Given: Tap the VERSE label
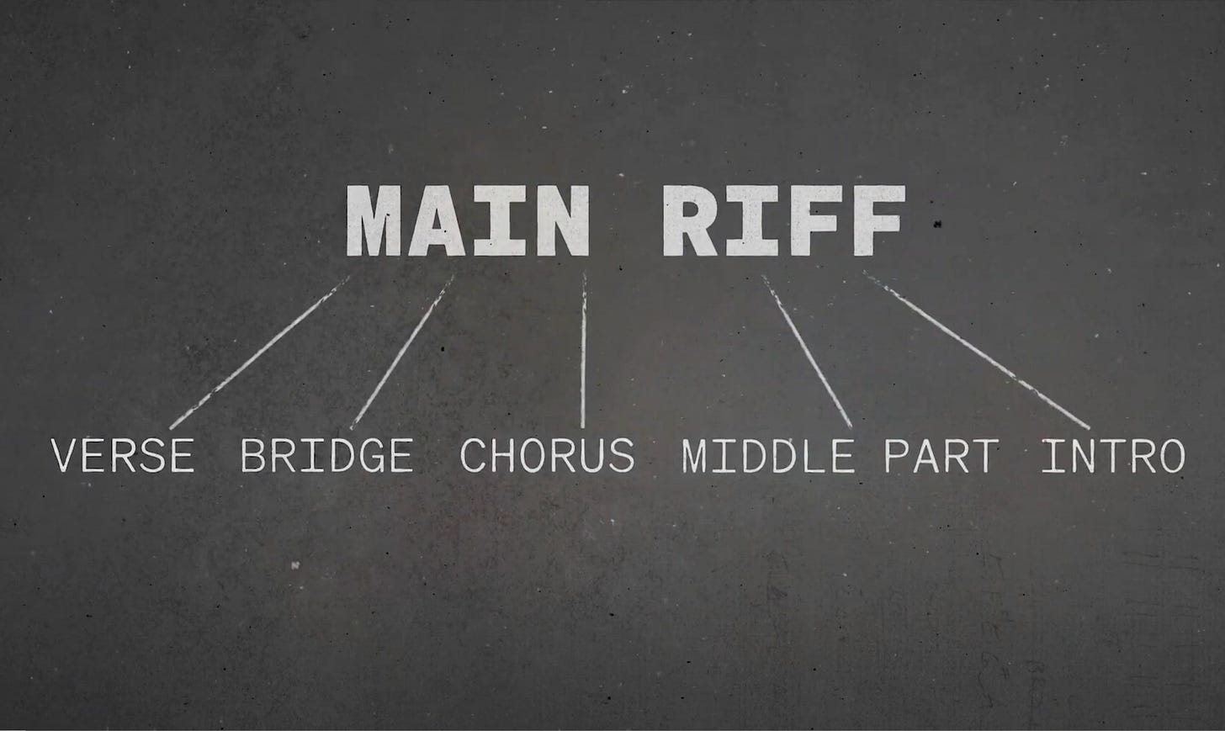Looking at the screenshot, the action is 123,455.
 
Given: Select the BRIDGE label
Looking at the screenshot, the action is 326,455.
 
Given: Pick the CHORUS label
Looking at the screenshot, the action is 547,455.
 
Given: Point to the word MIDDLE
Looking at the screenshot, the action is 766,455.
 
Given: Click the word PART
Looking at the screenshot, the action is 941,455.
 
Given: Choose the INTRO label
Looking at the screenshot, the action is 1113,455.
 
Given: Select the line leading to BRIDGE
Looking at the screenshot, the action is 403,350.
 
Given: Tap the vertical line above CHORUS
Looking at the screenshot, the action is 583,350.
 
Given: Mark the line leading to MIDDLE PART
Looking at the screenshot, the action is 808,350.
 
